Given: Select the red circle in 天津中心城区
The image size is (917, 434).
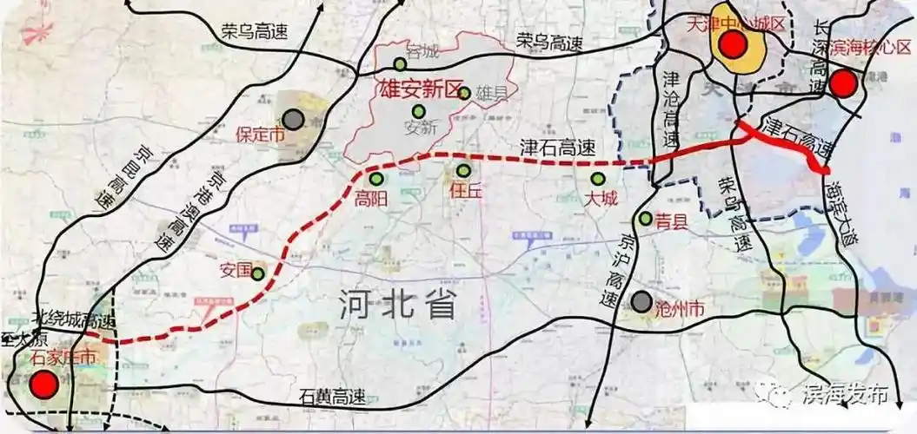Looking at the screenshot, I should tap(733, 45).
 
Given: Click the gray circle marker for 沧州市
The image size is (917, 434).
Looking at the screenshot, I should tap(641, 302).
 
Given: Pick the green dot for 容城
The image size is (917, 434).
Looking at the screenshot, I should tap(400, 63).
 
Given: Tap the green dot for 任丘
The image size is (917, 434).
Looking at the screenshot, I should tap(463, 171).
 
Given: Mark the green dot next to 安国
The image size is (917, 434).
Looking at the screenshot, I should tap(258, 273).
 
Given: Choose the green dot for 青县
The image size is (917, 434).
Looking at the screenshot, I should tap(645, 219).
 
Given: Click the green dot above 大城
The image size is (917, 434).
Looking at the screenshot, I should tap(595, 179).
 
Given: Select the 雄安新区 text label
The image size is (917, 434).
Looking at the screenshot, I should tap(409, 89).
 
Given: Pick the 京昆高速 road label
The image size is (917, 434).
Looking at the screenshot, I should tap(101, 173).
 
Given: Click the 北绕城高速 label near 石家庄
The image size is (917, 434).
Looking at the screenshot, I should tap(73, 319).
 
